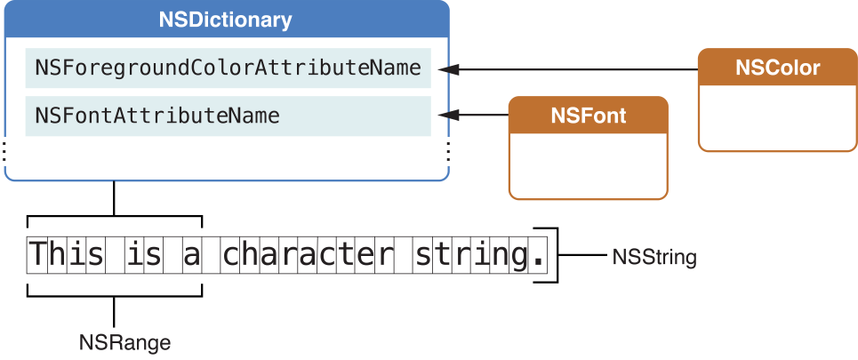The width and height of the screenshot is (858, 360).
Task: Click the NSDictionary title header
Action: coord(226,20)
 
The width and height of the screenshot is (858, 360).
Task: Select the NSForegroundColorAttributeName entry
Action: coord(228,68)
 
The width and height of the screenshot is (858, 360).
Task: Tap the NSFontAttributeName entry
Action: coord(228,116)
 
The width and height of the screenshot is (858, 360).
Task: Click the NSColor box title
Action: coord(777,68)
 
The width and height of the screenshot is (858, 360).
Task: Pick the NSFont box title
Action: coord(588,116)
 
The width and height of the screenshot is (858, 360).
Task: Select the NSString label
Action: coord(654,258)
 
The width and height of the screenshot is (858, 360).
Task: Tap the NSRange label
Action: coord(124,341)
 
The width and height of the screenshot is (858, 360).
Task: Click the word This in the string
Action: coord(70,256)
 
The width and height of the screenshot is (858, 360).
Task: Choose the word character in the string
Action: coord(308,256)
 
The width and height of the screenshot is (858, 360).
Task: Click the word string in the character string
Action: coord(469,256)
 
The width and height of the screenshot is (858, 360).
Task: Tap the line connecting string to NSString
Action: coord(582,257)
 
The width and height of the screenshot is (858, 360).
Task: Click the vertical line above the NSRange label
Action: coord(114,311)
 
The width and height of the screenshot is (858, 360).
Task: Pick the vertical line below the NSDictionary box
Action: coord(114,197)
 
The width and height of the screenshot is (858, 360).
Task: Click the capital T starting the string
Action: coord(37,256)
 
